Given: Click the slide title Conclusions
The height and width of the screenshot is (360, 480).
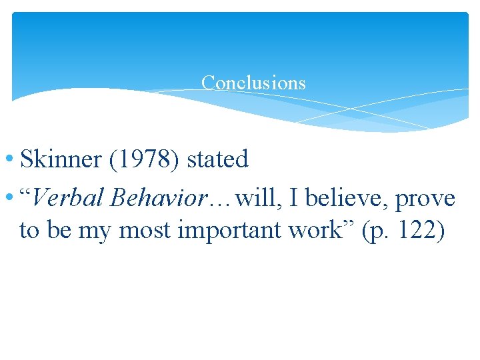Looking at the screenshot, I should click(x=253, y=83).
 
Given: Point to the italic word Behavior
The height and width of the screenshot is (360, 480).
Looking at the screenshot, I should click(x=159, y=198).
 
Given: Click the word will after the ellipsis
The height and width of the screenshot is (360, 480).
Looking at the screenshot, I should click(x=254, y=198).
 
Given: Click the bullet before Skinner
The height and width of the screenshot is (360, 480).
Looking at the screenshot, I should click(x=12, y=161).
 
